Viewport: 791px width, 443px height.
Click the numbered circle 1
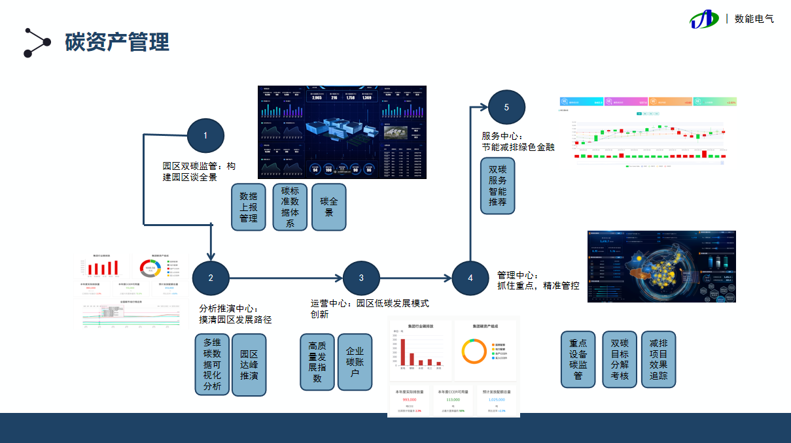[x=205, y=136]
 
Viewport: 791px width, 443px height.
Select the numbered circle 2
[x=211, y=278]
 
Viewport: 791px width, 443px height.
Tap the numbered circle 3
[x=361, y=278]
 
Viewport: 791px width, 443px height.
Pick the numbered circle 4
[x=470, y=278]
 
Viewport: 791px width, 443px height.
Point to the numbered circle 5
[x=506, y=107]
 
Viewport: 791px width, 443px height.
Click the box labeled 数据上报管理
[x=249, y=206]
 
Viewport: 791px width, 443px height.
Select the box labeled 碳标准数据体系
[x=290, y=206]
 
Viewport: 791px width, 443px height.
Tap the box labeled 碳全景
[x=329, y=206]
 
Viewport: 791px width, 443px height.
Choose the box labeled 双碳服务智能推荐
[x=498, y=186]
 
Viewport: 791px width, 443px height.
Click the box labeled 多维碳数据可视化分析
[x=212, y=364]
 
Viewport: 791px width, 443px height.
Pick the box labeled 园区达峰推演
[x=249, y=364]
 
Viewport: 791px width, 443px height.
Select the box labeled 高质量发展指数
[x=317, y=362]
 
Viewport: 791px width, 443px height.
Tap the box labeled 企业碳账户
[x=355, y=362]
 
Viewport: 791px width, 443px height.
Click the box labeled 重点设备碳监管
[x=578, y=359]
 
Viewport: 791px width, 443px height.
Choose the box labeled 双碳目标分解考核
[x=620, y=359]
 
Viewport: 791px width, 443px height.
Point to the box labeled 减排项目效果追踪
[x=658, y=359]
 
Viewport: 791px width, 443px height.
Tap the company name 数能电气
[x=754, y=19]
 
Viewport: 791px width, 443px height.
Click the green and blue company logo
[x=704, y=19]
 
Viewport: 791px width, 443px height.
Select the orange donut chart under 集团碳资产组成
[x=474, y=352]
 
